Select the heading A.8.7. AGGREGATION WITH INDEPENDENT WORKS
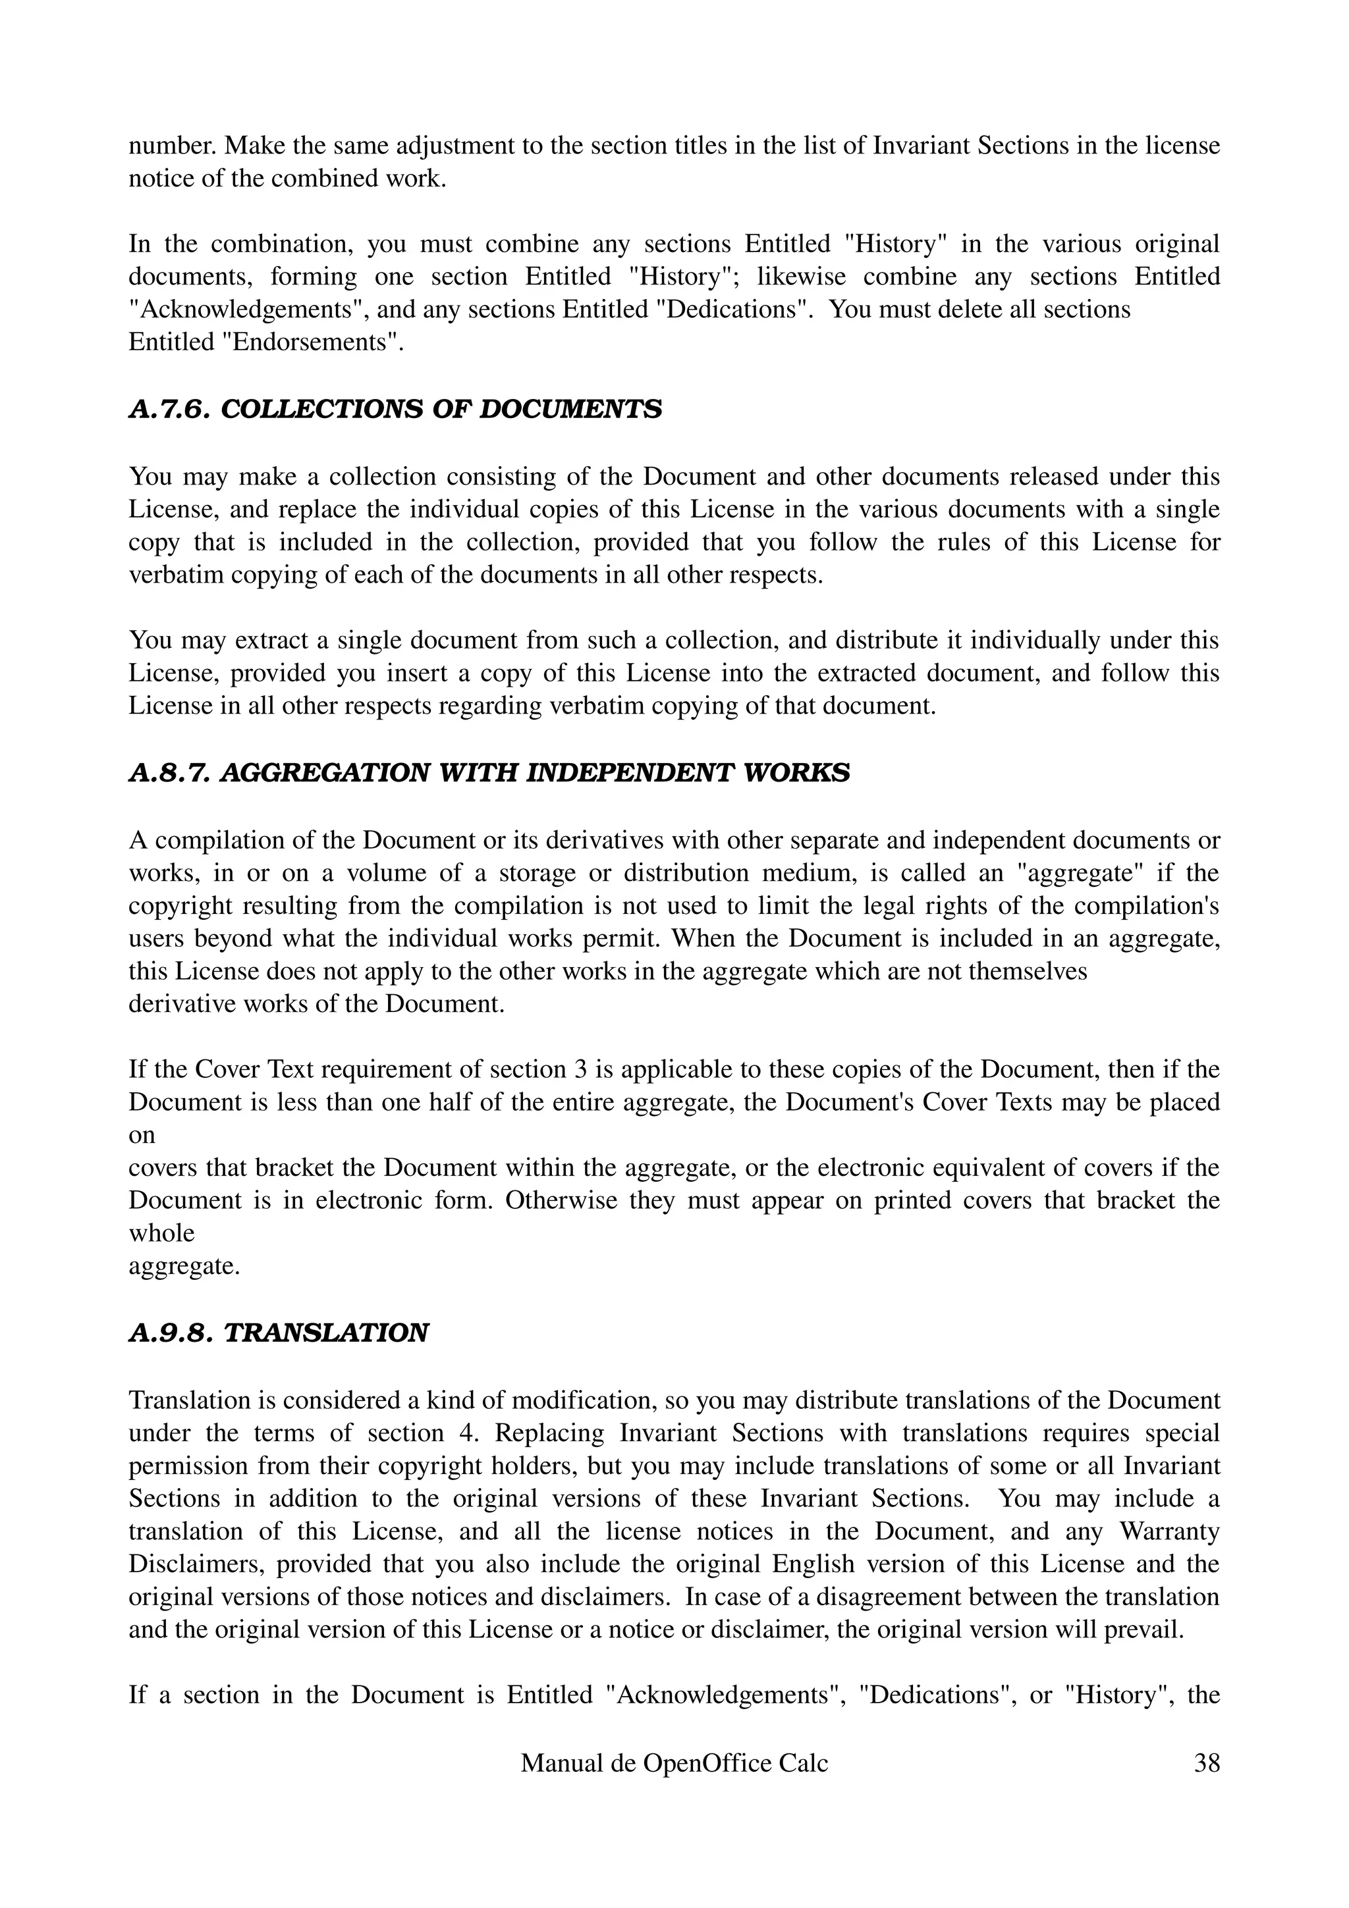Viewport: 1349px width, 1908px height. point(489,773)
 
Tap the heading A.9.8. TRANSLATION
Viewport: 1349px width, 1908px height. point(279,1334)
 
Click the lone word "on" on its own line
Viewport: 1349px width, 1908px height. point(142,1135)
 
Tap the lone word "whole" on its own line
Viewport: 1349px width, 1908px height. point(161,1233)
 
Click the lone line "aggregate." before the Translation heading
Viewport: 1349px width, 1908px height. point(184,1267)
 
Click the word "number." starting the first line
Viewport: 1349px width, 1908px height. point(172,146)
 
